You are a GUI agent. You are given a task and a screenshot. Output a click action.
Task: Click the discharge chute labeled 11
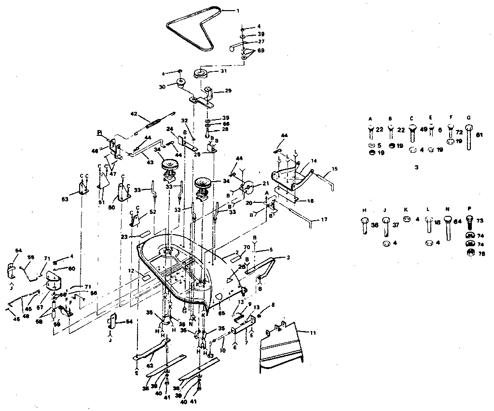tap(285, 347)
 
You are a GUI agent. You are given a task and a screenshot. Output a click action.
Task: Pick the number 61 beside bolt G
tap(479, 135)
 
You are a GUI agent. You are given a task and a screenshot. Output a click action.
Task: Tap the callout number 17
tap(324, 220)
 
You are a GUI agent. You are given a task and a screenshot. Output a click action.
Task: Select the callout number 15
tap(335, 170)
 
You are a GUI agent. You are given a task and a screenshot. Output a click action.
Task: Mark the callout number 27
tap(261, 42)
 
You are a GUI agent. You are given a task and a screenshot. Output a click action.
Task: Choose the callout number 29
tap(228, 91)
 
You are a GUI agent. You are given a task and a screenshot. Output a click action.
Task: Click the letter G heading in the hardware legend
tap(468, 119)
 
